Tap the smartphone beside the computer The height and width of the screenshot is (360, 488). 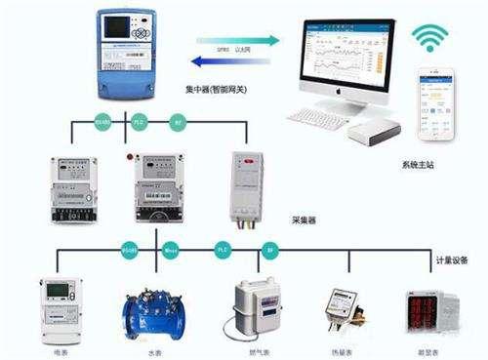coord(437,98)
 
